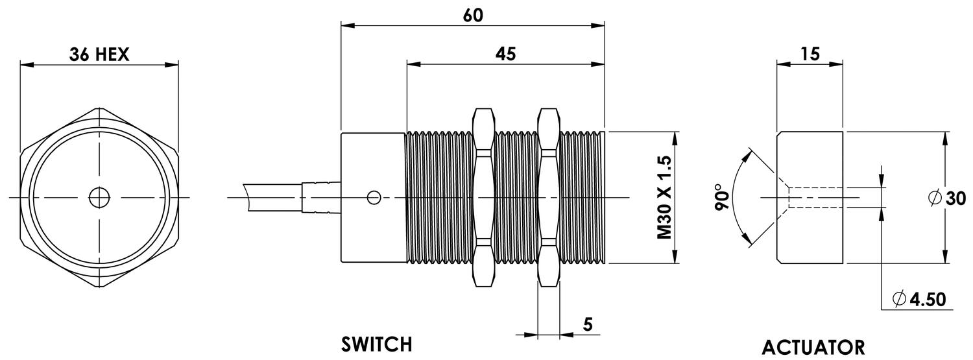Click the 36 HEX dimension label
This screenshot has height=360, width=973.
click(x=99, y=54)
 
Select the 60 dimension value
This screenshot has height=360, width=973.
click(x=473, y=16)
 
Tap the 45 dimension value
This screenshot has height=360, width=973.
click(x=505, y=54)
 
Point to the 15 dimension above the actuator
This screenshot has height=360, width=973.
click(x=810, y=54)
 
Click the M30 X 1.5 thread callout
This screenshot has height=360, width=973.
click(x=663, y=197)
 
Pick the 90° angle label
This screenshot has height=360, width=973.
click(x=721, y=197)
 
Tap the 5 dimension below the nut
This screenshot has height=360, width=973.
click(x=587, y=324)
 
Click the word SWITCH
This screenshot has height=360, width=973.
click(x=377, y=343)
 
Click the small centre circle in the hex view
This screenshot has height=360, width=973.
click(x=99, y=197)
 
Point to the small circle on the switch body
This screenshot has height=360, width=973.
click(x=374, y=197)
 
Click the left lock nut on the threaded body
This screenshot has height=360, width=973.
click(x=485, y=197)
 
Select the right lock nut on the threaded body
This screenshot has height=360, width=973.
click(x=548, y=197)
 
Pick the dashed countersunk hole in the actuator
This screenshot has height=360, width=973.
click(x=814, y=197)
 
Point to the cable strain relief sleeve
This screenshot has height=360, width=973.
click(x=321, y=197)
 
